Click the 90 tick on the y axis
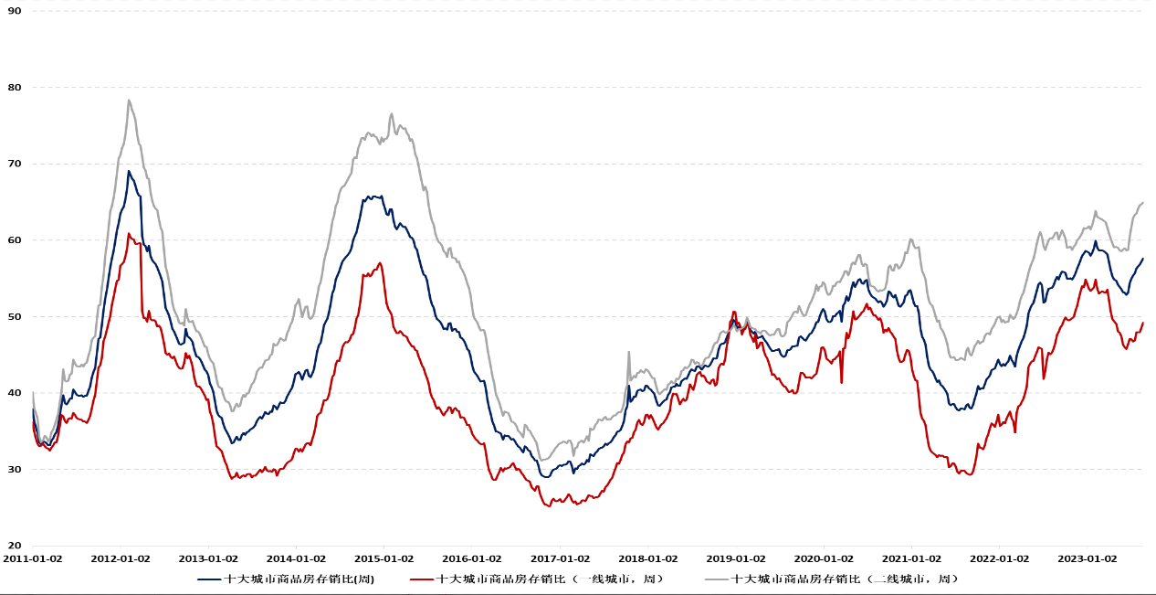click(15, 11)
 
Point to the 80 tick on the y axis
click(15, 88)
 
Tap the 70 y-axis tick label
click(15, 164)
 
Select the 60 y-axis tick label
click(15, 240)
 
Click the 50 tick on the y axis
click(15, 316)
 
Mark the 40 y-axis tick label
click(15, 393)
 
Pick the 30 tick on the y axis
click(15, 470)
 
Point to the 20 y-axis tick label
click(15, 546)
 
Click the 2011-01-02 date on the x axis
click(33, 558)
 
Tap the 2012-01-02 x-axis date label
click(121, 558)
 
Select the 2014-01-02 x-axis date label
click(297, 558)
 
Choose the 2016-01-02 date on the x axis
click(473, 558)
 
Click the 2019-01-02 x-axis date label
click(737, 558)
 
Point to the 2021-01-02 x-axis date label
click(912, 558)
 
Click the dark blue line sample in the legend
click(209, 579)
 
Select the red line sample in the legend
click(421, 579)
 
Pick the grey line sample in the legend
click(716, 579)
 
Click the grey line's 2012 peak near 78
click(129, 101)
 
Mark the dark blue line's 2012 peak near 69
click(129, 171)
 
